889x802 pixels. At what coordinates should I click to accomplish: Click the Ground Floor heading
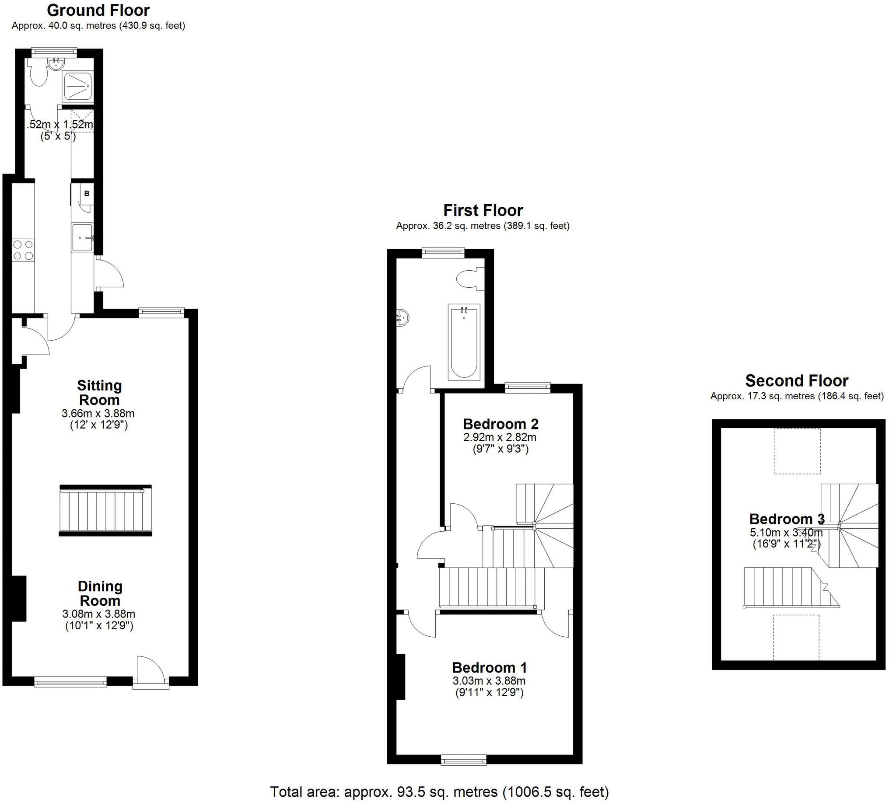point(98,10)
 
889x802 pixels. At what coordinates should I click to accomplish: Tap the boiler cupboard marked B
point(86,193)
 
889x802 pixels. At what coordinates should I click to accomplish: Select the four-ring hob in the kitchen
point(23,250)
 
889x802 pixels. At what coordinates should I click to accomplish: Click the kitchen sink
point(82,237)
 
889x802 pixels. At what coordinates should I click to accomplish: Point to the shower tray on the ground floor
point(78,86)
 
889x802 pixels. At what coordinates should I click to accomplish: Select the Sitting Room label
point(99,393)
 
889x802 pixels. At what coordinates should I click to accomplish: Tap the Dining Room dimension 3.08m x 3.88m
point(99,614)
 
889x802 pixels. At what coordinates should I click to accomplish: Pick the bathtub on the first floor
point(464,342)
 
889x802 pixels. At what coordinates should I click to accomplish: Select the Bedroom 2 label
point(500,424)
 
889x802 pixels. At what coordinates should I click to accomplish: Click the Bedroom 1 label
point(489,667)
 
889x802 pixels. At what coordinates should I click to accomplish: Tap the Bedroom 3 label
point(787,519)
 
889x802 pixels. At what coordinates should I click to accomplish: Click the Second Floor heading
point(796,380)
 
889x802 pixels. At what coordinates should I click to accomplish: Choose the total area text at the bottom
point(439,792)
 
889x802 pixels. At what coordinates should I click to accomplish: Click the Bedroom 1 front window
point(464,759)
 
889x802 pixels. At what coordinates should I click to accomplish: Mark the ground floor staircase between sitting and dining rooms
point(105,510)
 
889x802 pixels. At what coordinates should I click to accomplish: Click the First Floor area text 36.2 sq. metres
point(483,226)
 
